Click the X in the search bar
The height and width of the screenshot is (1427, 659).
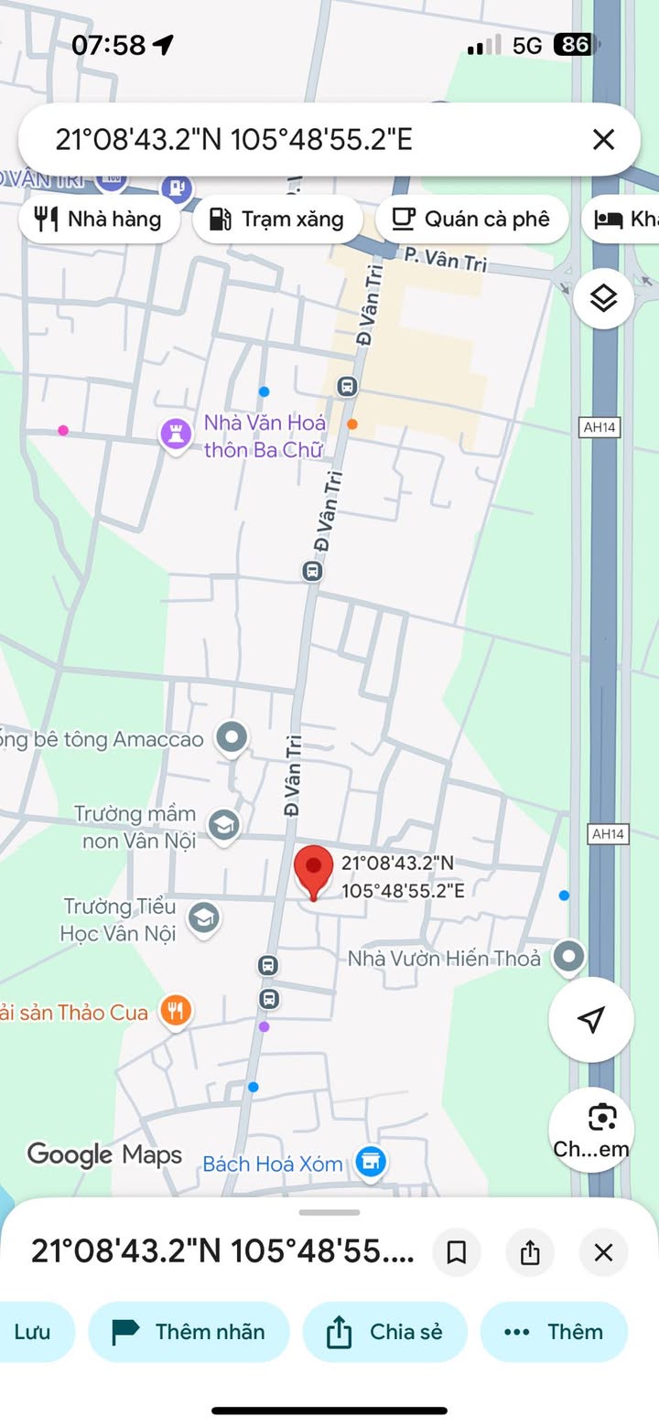click(x=603, y=139)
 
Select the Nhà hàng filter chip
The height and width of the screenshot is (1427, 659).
click(x=98, y=220)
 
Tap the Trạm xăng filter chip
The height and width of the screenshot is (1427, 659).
click(x=277, y=220)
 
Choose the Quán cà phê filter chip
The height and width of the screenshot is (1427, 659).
click(x=471, y=220)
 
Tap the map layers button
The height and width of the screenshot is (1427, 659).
click(x=603, y=298)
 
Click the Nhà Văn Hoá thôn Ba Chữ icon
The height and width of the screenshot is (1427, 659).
click(x=176, y=434)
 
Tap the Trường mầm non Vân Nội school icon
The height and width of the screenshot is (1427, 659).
click(x=223, y=825)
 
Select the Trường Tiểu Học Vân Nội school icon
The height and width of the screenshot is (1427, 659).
click(x=203, y=917)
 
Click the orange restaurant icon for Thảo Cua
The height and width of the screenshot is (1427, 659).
click(x=175, y=1011)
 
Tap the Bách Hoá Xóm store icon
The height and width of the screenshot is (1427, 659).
click(x=371, y=1163)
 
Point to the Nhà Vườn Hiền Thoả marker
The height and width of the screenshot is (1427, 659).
click(x=570, y=958)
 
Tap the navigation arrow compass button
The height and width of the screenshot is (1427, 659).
click(x=591, y=1019)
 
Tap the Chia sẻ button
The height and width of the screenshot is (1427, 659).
click(x=384, y=1332)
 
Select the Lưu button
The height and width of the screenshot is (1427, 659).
click(x=33, y=1332)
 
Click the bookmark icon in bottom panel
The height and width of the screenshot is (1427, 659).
click(x=456, y=1252)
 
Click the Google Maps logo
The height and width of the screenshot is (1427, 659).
click(x=104, y=1154)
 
